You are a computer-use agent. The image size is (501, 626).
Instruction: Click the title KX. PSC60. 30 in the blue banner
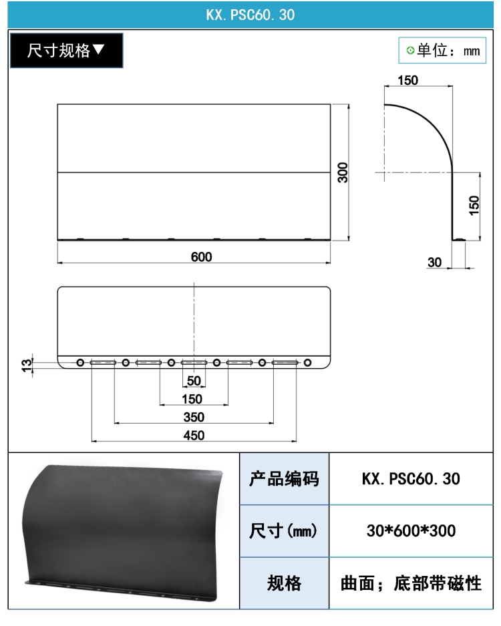pos(251,15)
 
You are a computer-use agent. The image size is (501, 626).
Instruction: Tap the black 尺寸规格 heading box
pos(66,50)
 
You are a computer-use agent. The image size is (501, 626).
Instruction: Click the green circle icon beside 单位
pos(410,50)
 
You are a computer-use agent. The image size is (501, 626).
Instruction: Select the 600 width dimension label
pos(201,257)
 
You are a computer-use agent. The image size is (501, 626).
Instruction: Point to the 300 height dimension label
pos(343,172)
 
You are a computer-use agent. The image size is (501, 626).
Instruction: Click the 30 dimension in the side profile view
pos(434,263)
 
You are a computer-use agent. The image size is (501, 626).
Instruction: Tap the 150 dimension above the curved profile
pos(407,80)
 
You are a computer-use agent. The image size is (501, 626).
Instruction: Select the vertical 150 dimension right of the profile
pos(474,205)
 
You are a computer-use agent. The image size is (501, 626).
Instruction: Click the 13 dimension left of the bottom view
pos(26,365)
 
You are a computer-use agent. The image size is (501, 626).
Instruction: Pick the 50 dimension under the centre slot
pos(194,380)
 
